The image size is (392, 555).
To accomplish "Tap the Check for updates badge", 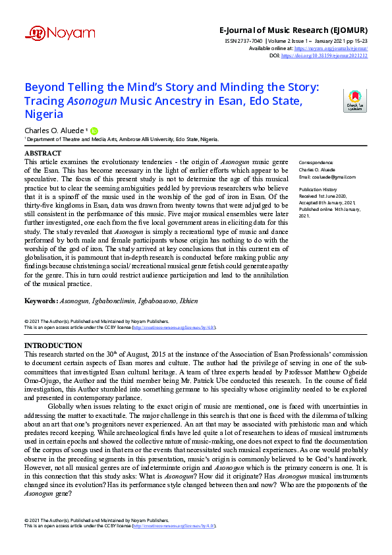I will click(x=354, y=101).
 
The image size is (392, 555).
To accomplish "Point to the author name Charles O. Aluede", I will click(x=54, y=131).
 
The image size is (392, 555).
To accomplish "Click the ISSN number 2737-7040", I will click(x=240, y=41).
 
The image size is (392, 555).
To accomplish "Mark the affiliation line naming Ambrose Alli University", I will click(x=122, y=140).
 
